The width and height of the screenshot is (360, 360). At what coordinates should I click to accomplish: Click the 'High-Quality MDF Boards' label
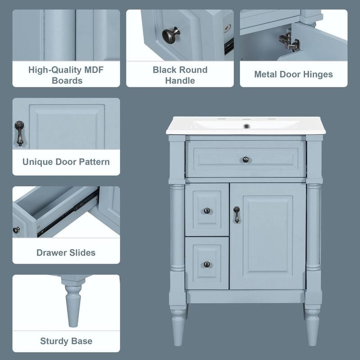pyautogui.click(x=67, y=75)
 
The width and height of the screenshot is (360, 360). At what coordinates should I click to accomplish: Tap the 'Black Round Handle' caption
pyautogui.click(x=180, y=75)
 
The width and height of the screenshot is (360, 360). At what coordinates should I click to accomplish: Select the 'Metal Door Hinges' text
pyautogui.click(x=293, y=74)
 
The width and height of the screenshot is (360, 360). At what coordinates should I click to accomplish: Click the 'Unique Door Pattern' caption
pyautogui.click(x=66, y=162)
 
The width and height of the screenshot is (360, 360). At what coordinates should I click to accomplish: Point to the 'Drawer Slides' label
pyautogui.click(x=66, y=252)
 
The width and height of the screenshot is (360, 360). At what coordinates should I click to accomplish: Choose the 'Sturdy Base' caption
pyautogui.click(x=66, y=341)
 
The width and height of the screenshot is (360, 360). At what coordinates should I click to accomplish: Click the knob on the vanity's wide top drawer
pyautogui.click(x=246, y=159)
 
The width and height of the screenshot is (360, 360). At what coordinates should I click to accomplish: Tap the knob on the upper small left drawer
pyautogui.click(x=207, y=210)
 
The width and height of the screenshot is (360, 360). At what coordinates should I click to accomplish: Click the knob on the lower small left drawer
pyautogui.click(x=207, y=264)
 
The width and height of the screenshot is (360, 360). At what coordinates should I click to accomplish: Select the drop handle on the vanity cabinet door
pyautogui.click(x=236, y=215)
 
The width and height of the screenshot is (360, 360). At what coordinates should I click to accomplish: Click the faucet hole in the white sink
pyautogui.click(x=246, y=126)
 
